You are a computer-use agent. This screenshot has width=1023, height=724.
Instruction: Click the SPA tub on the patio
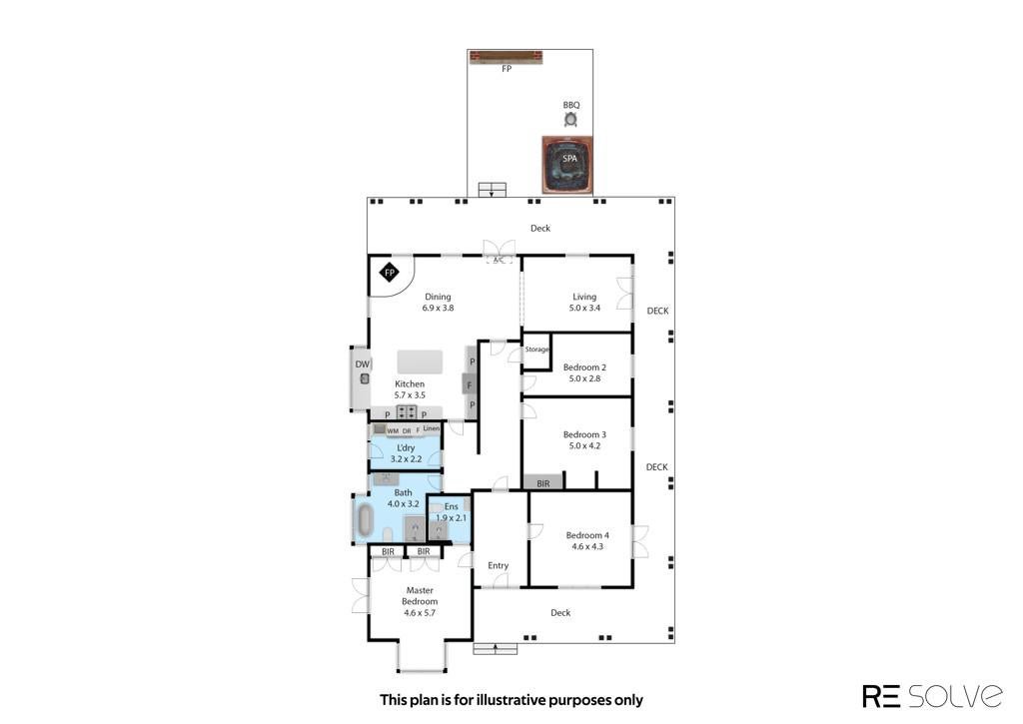[x=567, y=165]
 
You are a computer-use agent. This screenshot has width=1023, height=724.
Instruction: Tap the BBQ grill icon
[x=570, y=119]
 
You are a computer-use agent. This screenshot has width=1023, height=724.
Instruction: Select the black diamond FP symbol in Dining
[x=390, y=273]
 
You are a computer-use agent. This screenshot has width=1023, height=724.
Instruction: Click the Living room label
[x=584, y=297]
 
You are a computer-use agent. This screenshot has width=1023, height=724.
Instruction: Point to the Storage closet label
[x=536, y=350]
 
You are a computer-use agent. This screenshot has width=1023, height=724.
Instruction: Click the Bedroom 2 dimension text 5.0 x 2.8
[x=584, y=378]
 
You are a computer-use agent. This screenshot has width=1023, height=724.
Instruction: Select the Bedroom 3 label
[x=584, y=434]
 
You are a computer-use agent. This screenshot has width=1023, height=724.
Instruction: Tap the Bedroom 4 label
[x=587, y=535]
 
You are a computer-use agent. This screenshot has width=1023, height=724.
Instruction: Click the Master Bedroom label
[x=420, y=595]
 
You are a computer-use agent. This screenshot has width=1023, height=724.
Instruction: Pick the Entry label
[x=498, y=565]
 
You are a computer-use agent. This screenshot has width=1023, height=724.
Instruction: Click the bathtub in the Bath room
[x=364, y=520]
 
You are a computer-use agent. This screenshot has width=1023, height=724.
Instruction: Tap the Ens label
[x=451, y=507]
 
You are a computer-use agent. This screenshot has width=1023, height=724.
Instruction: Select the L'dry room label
[x=406, y=448]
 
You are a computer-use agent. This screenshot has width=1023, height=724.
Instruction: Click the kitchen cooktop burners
[x=407, y=412]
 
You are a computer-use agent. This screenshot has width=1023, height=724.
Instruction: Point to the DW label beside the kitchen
[x=362, y=364]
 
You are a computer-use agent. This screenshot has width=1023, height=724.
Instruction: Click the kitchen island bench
[x=420, y=362]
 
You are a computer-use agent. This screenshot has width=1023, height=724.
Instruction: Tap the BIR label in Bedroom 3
[x=542, y=484]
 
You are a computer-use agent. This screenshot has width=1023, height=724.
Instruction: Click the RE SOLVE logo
[x=933, y=696]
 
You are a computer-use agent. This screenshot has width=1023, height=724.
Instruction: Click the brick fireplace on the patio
[x=507, y=57]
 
